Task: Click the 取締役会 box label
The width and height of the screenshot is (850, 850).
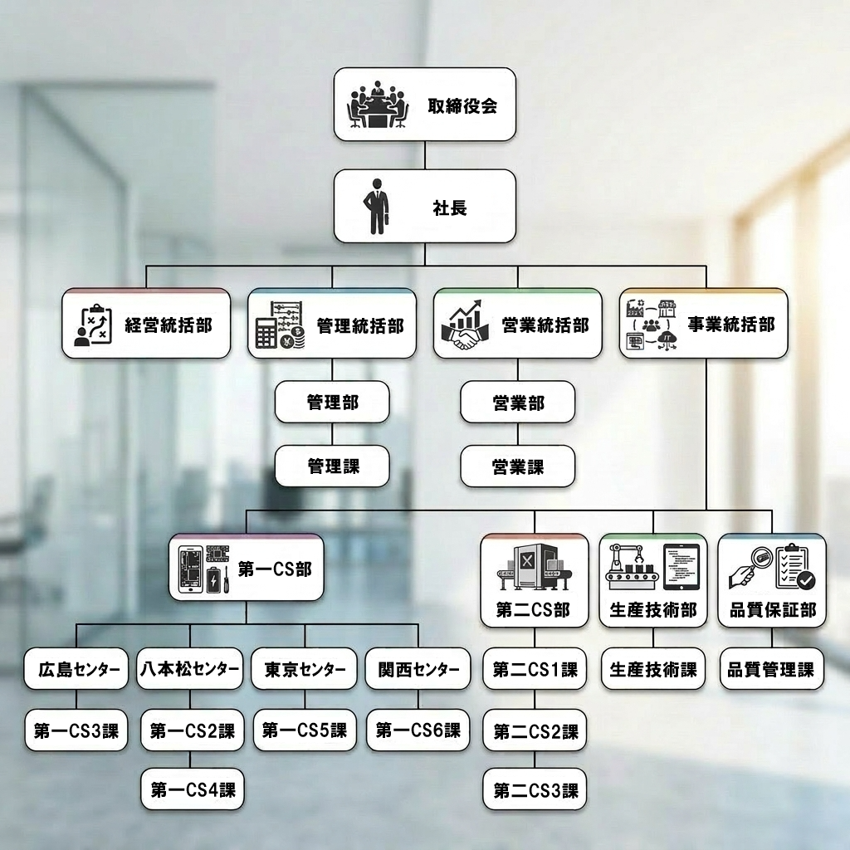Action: (x=462, y=105)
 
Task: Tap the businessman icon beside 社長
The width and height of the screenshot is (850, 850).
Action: (x=377, y=207)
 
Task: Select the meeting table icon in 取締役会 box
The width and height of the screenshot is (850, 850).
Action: (x=378, y=105)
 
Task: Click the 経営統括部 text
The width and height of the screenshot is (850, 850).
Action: (x=169, y=325)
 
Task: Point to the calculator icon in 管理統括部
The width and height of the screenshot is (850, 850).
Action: (x=266, y=331)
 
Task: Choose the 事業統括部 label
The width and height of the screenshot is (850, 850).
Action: (x=731, y=325)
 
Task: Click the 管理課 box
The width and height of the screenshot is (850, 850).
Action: (x=332, y=467)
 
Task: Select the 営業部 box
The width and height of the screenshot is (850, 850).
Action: (x=518, y=403)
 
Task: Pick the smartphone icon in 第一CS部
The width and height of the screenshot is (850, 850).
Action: (x=191, y=569)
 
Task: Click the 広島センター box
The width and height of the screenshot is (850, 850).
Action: (x=76, y=669)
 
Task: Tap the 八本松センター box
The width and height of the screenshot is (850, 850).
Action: (x=190, y=669)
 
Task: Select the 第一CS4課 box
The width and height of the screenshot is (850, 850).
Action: (x=193, y=789)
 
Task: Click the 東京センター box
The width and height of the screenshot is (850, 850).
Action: (x=304, y=669)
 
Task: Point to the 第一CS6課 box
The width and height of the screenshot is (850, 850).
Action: (x=418, y=730)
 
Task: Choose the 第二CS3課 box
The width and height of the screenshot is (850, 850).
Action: (x=535, y=789)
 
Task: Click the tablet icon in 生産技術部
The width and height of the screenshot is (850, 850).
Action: (x=681, y=567)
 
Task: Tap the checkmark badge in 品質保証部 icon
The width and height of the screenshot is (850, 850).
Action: (x=805, y=580)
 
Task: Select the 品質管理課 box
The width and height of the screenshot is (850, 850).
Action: (x=771, y=669)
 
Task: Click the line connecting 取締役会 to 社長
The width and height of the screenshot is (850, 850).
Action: (x=424, y=155)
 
